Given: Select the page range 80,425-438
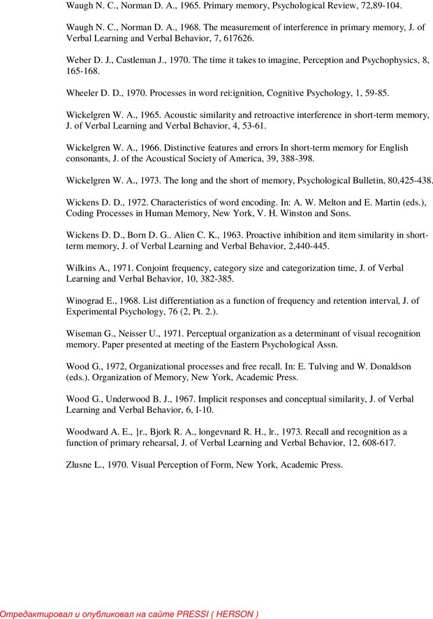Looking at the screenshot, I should (x=402, y=180).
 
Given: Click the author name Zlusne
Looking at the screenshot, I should (x=81, y=465).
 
